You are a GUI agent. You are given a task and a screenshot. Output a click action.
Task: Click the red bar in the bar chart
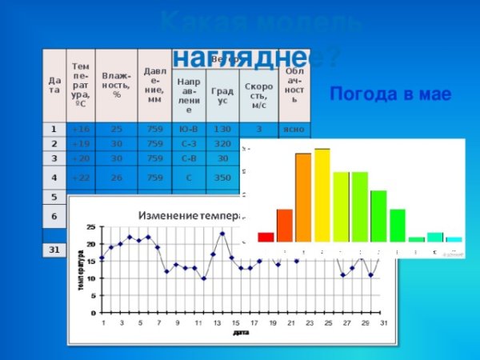[x=266, y=237]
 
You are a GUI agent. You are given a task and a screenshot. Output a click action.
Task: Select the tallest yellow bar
[x=322, y=194]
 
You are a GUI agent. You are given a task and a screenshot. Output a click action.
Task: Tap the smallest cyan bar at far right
[x=454, y=238]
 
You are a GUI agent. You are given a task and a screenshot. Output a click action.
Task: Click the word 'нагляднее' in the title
[x=240, y=58]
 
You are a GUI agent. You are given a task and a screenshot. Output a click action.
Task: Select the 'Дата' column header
[x=54, y=85]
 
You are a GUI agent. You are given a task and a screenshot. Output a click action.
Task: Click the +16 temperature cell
[x=81, y=128]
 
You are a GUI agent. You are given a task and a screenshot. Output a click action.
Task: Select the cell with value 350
[x=222, y=177]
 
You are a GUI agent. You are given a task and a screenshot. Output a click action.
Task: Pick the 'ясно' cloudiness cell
[x=294, y=128]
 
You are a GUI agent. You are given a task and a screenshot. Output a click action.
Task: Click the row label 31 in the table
[x=54, y=250]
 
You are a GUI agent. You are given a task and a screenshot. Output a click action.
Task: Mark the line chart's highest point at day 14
[x=222, y=233]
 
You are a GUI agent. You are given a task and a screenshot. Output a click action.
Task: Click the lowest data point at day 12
[x=203, y=278]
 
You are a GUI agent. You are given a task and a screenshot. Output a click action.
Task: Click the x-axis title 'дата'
[x=240, y=331]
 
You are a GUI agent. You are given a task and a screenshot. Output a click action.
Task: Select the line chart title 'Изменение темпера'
[x=190, y=216]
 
